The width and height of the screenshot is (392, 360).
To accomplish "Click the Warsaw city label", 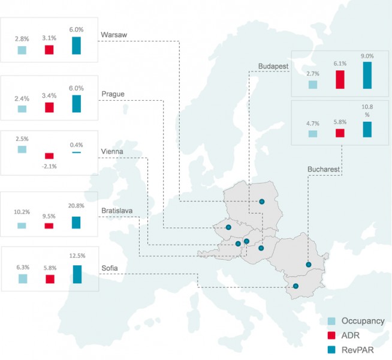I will (x=114, y=34).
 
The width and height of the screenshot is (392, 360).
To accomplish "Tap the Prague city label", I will (x=113, y=94).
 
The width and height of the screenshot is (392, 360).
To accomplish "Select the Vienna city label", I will (x=113, y=152).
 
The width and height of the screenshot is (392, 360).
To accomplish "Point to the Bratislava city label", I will (x=117, y=211).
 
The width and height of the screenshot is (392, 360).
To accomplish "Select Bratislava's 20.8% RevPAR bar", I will (x=76, y=222).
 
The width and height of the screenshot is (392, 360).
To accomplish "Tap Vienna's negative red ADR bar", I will (x=49, y=156).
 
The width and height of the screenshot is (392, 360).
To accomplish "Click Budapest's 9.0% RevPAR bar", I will (x=367, y=75).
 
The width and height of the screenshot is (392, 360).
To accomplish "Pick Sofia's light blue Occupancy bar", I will (x=23, y=278).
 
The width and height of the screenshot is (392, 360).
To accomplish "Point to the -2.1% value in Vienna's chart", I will (x=49, y=166).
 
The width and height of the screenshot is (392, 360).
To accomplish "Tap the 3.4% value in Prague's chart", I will (x=49, y=95).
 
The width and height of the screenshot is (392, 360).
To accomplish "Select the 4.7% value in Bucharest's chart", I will (x=312, y=123).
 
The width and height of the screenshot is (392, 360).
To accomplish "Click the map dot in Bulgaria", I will (x=295, y=286).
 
